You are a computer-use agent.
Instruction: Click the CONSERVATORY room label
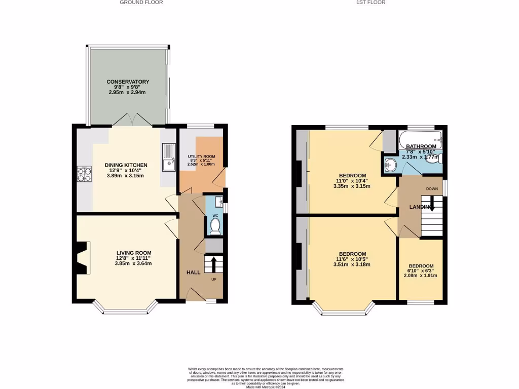[127, 82]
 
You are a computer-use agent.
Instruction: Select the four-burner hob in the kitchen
[84, 174]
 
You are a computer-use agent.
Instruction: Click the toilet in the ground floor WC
[215, 226]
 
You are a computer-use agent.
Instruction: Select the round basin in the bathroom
[391, 165]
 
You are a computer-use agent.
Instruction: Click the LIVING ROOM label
[134, 253]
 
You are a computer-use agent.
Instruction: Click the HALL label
[193, 273]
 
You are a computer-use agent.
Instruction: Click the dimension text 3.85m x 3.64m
[134, 263]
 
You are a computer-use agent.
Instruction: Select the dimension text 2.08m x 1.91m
[421, 276]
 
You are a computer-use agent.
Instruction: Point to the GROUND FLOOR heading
[141, 3]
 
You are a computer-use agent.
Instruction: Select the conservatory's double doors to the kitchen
[132, 121]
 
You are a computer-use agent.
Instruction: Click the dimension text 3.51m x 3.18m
[352, 264]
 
